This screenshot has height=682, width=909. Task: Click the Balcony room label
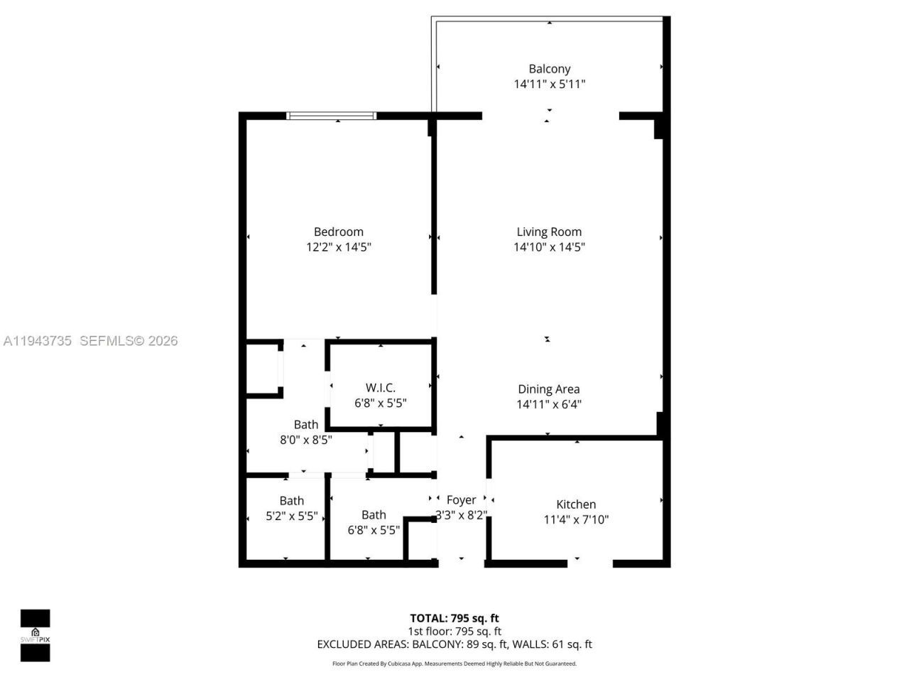[549, 69]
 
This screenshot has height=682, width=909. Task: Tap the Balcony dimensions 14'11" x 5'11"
[549, 84]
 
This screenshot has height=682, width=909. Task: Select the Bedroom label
[339, 232]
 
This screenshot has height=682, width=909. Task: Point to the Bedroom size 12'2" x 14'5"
[339, 247]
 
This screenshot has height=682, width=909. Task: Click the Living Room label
[549, 232]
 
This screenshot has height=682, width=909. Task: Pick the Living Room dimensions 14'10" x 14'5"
[549, 247]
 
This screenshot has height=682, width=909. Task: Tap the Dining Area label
[548, 389]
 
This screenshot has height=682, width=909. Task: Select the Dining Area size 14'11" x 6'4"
[549, 404]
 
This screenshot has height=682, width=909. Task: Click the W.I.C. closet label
[381, 387]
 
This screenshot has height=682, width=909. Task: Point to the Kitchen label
[576, 504]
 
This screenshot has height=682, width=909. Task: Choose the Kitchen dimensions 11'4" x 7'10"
[576, 519]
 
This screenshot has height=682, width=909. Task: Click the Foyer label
[461, 500]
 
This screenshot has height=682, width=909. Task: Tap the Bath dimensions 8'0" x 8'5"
[305, 440]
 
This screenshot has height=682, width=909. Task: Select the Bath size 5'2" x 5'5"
[291, 516]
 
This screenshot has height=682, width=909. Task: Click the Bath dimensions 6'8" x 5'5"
[374, 530]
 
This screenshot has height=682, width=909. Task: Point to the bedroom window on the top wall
[331, 116]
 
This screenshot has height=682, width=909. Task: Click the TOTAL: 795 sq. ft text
[454, 618]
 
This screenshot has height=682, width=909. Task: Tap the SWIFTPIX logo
[35, 635]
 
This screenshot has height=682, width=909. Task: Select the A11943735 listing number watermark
[38, 341]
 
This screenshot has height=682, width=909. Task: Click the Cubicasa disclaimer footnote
[454, 664]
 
